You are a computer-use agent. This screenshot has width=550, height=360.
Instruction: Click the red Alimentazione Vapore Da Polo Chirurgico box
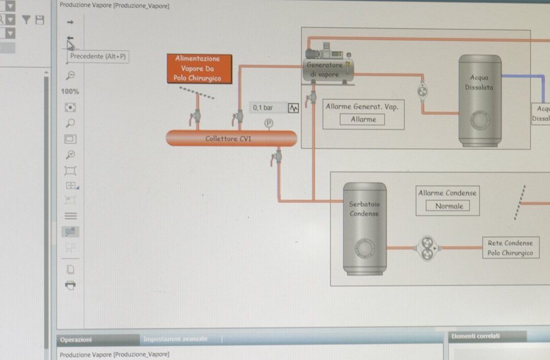(x=199, y=69)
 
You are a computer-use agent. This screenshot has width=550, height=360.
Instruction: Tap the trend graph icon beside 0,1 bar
(x=293, y=108)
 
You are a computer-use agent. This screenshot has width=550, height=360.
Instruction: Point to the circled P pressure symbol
(x=268, y=123)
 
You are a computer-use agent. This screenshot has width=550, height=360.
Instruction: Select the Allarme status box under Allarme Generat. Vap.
(x=363, y=119)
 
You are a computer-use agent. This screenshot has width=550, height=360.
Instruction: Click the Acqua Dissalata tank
(x=480, y=100)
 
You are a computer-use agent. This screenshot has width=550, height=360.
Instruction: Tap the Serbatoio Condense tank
(x=364, y=228)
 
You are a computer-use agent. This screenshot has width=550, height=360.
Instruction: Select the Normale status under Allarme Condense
(x=448, y=206)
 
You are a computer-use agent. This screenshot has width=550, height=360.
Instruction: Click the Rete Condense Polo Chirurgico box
(x=510, y=248)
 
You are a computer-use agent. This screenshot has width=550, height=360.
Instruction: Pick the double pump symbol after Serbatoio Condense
(x=427, y=248)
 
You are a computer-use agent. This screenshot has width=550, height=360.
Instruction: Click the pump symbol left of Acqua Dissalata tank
(x=422, y=90)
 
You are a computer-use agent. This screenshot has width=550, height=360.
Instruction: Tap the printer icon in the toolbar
(x=70, y=285)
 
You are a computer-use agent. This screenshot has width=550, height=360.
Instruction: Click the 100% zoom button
(x=70, y=92)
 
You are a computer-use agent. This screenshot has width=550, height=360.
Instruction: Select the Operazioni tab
(x=76, y=339)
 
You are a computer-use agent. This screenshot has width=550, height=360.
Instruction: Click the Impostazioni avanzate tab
(x=175, y=339)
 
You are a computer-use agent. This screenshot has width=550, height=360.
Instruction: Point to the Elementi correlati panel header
(x=476, y=336)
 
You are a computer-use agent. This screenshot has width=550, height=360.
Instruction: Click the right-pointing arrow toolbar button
(x=70, y=22)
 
